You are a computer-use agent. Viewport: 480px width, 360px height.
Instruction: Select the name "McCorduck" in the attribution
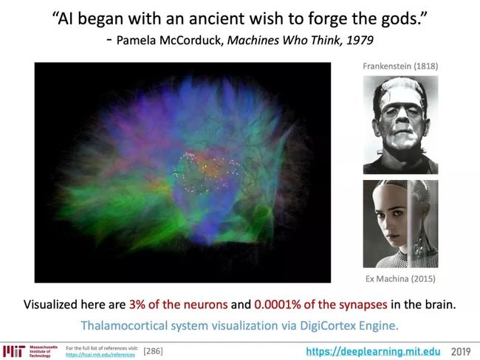[191, 40]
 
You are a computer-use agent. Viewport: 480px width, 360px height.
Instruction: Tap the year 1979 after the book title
[360, 40]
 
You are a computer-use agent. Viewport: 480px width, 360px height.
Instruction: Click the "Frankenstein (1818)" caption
[400, 66]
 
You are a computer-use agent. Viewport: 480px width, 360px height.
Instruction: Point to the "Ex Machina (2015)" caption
[400, 279]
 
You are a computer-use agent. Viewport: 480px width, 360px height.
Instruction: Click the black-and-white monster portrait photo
[400, 125]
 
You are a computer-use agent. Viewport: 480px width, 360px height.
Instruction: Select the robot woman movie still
[400, 224]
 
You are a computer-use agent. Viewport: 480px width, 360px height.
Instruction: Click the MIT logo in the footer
[14, 351]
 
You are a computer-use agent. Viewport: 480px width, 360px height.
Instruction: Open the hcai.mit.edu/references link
[100, 355]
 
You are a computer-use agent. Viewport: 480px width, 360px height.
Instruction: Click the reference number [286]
[153, 351]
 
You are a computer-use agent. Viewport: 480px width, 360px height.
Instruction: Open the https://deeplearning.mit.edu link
[373, 351]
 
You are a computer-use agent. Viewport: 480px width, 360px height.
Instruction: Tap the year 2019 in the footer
[461, 351]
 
